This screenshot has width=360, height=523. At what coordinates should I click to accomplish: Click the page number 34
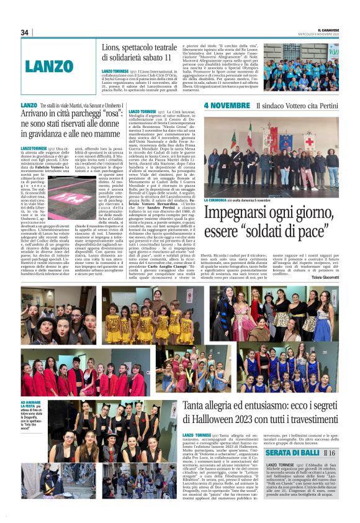[25, 32]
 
